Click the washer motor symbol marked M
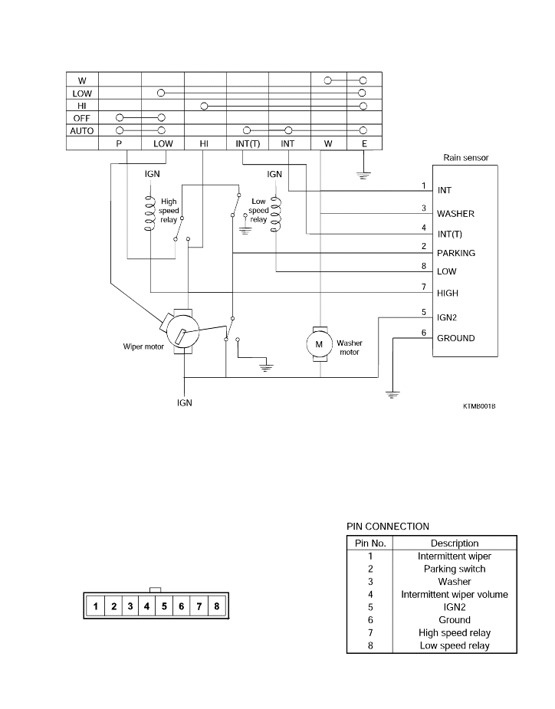319,344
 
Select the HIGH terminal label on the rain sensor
448,293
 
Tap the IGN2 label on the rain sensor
447,317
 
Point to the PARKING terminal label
456,253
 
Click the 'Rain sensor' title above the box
466,157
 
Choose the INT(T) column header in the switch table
248,144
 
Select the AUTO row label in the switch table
82,131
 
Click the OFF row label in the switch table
82,119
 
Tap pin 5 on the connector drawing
164,606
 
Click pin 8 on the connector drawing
217,606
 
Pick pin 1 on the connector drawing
96,606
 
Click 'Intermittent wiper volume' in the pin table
455,595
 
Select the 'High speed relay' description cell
455,633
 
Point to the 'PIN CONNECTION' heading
388,527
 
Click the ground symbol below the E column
363,175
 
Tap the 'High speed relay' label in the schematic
169,211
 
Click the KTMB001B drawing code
479,406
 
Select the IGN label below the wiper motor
185,403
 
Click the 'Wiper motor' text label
143,346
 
